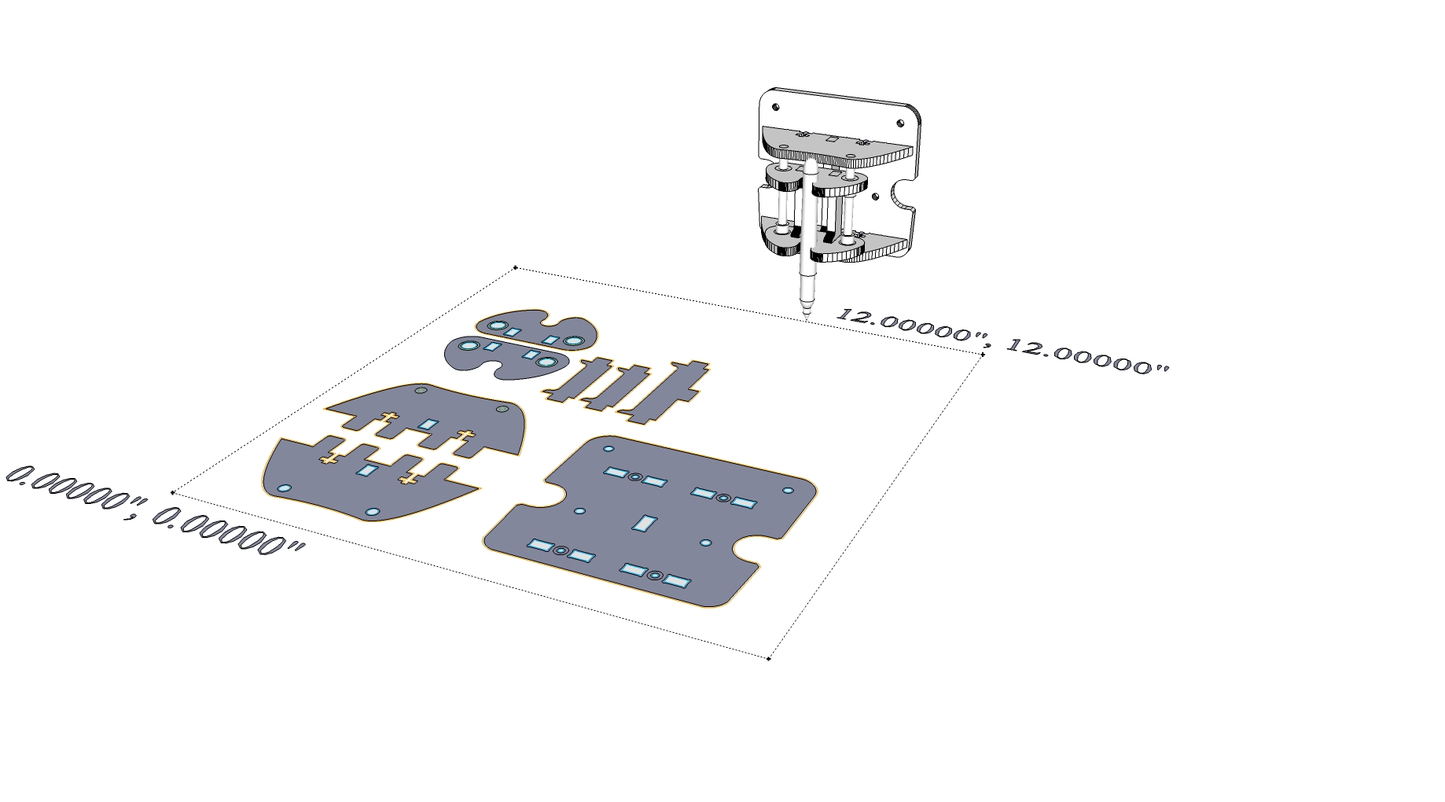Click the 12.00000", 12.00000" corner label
(1002, 340)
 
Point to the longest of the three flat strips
(665, 392)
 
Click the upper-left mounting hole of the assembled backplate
(776, 107)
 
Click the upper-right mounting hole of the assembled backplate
(901, 123)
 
